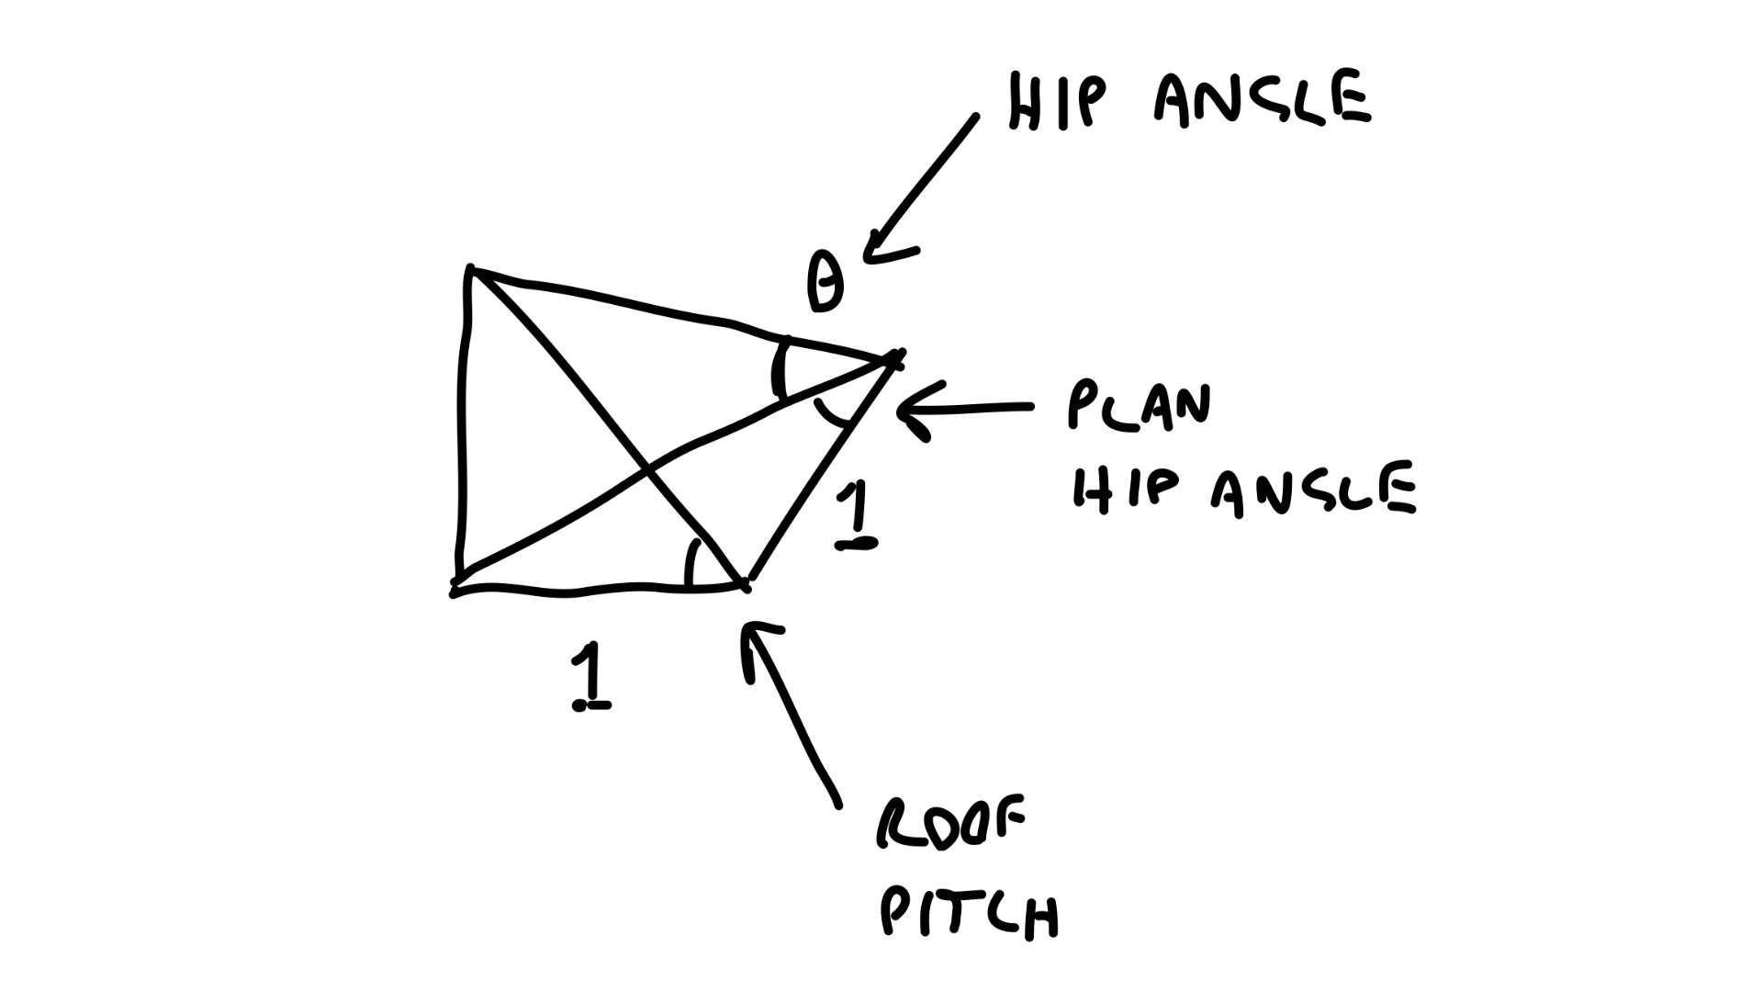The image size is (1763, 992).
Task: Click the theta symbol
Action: click(x=825, y=285)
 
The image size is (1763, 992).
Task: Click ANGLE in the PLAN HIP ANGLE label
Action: click(x=1313, y=491)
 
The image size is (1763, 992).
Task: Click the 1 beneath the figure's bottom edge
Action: click(x=590, y=678)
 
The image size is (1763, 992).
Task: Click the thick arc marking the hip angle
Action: click(x=780, y=367)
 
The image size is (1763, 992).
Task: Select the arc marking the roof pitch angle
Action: click(x=691, y=562)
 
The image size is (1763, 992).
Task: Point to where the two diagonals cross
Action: click(x=647, y=472)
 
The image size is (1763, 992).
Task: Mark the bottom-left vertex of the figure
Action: click(x=455, y=590)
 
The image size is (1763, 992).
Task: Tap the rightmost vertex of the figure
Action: click(x=895, y=358)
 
